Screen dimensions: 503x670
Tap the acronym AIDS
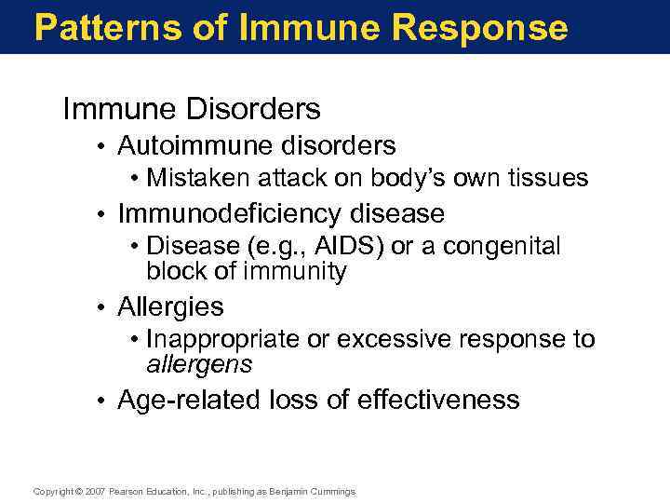[346, 246]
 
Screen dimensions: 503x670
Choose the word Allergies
[170, 306]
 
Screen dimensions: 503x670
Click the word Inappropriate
[223, 339]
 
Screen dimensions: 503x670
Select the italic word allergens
[199, 363]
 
